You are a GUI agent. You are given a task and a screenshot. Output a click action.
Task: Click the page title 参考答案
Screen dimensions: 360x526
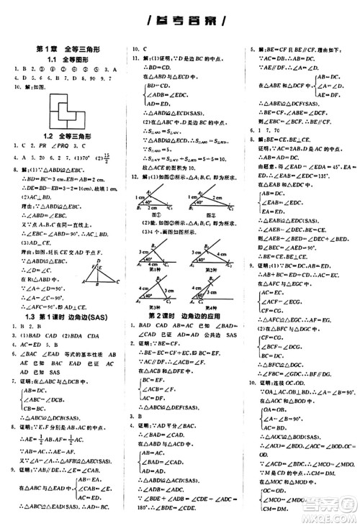pyautogui.click(x=181, y=19)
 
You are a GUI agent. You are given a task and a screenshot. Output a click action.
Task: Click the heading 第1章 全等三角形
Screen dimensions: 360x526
pyautogui.click(x=63, y=48)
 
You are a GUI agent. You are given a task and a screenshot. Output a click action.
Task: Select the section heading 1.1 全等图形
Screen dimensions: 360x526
pyautogui.click(x=63, y=59)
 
